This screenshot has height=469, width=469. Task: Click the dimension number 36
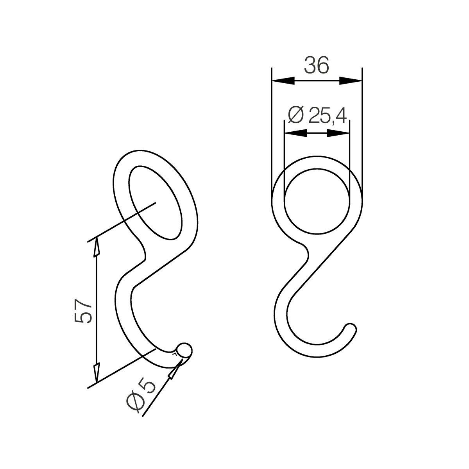[317, 65]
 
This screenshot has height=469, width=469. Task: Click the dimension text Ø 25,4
[317, 115]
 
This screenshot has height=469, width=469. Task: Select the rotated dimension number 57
[83, 311]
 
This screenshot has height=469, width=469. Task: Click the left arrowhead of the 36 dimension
[283, 81]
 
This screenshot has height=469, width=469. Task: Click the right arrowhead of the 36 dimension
[351, 81]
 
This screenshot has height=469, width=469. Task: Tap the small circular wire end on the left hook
[184, 350]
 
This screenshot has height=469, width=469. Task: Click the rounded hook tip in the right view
[350, 329]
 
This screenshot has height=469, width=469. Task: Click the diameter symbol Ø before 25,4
[295, 115]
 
